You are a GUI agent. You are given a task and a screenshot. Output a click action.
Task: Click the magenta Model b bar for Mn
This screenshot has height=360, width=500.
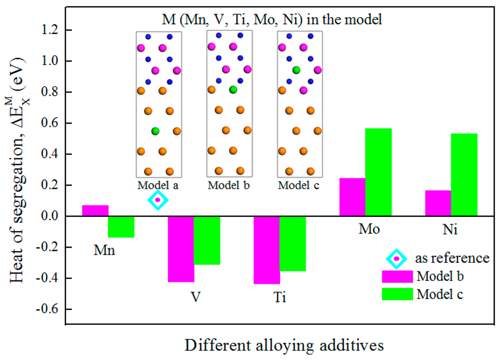[95, 211]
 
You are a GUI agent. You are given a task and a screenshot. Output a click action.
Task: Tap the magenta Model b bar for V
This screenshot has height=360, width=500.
[181, 249]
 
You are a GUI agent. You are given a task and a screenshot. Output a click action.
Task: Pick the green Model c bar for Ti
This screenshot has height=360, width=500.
[292, 243]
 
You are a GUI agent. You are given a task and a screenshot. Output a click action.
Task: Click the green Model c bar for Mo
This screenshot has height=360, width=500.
[378, 172]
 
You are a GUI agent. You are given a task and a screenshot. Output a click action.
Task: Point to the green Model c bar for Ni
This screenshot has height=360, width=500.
[464, 174]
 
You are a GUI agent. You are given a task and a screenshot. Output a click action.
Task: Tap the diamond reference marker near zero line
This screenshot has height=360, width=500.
[158, 200]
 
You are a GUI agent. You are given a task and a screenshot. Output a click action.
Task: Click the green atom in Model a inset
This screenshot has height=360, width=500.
[155, 131]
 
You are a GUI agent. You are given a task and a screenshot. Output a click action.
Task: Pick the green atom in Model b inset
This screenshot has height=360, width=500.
[233, 90]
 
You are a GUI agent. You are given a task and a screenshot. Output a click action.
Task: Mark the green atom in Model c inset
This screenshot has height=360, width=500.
[296, 70]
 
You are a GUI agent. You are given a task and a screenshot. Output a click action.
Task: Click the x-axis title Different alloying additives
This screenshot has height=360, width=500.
[284, 345]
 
